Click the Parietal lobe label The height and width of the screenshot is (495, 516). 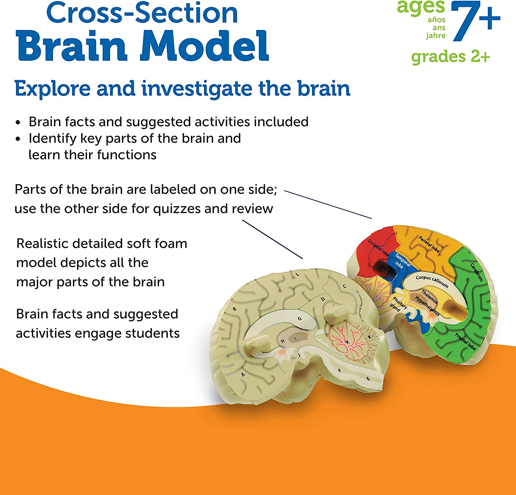pos(429,244)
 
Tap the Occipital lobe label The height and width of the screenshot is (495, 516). pos(378,248)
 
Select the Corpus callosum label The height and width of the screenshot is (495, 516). pos(432,281)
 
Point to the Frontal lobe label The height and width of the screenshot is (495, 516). pos(465,341)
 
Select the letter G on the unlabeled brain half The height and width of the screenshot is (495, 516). pos(300,319)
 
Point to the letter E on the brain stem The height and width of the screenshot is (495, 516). pos(368,379)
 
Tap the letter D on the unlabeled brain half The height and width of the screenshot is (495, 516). pos(323,299)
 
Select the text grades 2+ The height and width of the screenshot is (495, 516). pos(451,57)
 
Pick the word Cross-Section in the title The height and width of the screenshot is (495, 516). pos(142,13)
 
